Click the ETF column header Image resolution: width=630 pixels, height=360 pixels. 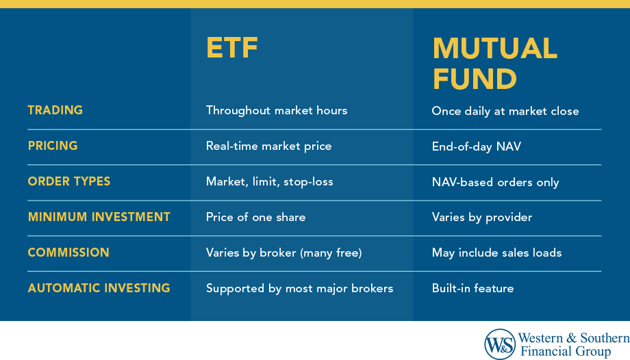[233, 49]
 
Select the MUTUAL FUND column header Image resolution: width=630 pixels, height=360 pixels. [494, 64]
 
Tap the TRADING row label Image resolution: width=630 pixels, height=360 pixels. [55, 110]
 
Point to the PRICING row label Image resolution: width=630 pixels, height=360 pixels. [52, 146]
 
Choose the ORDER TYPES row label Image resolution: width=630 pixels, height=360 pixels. [68, 181]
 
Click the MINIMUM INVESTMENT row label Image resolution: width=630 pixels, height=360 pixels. [99, 217]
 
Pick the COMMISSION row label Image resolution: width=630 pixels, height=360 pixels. [68, 253]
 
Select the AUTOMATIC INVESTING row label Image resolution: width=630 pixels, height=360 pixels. [99, 288]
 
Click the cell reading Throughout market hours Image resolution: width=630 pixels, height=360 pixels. [276, 110]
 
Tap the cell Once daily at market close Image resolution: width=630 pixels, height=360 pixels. [505, 111]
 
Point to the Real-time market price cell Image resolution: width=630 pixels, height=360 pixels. [268, 146]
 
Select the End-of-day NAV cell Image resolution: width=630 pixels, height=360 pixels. [476, 146]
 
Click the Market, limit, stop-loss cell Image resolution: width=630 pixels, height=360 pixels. [269, 182]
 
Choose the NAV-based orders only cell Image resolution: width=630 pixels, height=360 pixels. [495, 182]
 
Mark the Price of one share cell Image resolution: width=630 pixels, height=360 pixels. [255, 218]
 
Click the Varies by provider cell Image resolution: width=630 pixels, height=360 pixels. [481, 218]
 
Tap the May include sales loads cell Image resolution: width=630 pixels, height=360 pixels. [496, 253]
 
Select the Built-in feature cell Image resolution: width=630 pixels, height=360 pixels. [473, 289]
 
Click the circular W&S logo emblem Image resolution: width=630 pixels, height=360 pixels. [500, 344]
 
